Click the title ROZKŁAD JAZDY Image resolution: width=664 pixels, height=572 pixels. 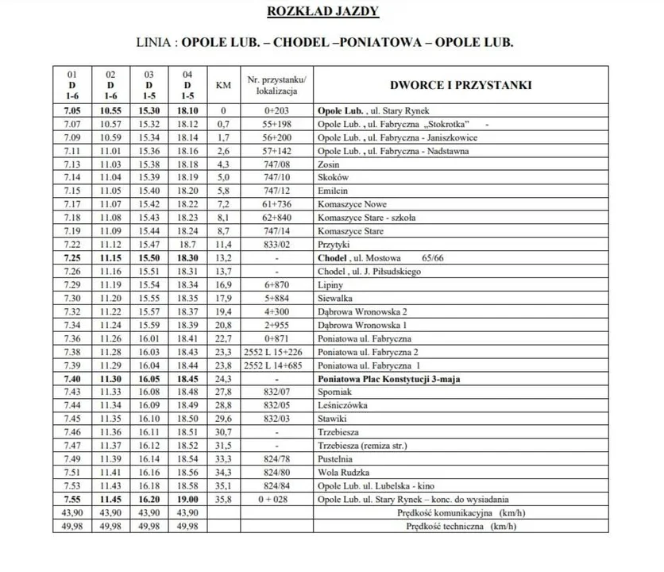pyautogui.click(x=333, y=11)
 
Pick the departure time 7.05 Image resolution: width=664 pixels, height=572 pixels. pyautogui.click(x=73, y=111)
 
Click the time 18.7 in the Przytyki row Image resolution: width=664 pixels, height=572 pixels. pyautogui.click(x=187, y=245)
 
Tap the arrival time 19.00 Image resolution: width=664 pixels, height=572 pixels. pyautogui.click(x=187, y=499)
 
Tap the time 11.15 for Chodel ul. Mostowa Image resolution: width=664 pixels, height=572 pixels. pyautogui.click(x=111, y=259)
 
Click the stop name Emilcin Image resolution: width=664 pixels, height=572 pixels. pyautogui.click(x=331, y=191)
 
